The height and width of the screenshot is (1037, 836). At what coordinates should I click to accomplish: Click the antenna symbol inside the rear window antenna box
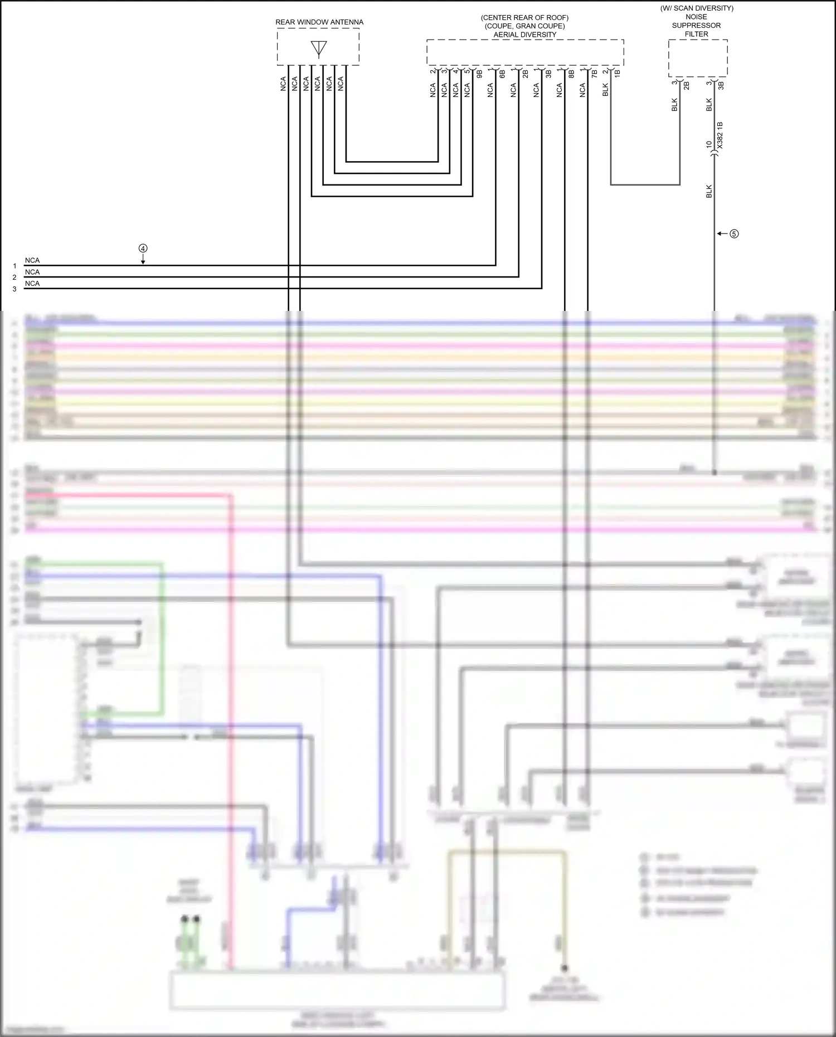(319, 48)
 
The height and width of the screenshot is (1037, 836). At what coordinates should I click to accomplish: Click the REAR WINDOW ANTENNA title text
(319, 22)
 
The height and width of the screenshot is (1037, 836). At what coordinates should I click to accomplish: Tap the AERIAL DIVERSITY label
(524, 35)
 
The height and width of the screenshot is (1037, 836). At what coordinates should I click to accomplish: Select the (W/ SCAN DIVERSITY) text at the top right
(697, 8)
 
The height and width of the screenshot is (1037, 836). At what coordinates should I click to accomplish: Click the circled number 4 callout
(143, 249)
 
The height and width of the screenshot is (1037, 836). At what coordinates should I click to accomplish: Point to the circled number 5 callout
(734, 234)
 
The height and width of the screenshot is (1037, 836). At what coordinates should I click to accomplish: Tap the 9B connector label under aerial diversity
(479, 73)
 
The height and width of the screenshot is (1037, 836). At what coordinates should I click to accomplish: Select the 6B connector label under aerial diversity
(502, 73)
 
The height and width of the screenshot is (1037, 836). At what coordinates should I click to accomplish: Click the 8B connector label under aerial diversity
(571, 73)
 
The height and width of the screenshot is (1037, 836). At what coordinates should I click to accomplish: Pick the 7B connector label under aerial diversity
(594, 73)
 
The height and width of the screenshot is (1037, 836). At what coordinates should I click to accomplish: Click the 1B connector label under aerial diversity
(617, 73)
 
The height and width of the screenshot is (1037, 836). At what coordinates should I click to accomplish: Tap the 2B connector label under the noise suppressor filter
(686, 85)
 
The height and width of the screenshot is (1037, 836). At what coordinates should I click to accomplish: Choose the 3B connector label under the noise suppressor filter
(721, 85)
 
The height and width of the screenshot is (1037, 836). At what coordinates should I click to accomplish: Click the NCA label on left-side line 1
(32, 261)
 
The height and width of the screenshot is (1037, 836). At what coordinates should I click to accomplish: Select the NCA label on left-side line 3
(32, 284)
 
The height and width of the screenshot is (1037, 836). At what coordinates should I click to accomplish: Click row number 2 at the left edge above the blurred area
(14, 277)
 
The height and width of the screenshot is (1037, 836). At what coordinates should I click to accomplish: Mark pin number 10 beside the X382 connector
(709, 144)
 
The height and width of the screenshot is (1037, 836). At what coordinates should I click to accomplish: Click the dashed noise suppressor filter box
(698, 58)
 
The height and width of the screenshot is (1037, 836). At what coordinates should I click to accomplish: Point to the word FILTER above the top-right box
(697, 34)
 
